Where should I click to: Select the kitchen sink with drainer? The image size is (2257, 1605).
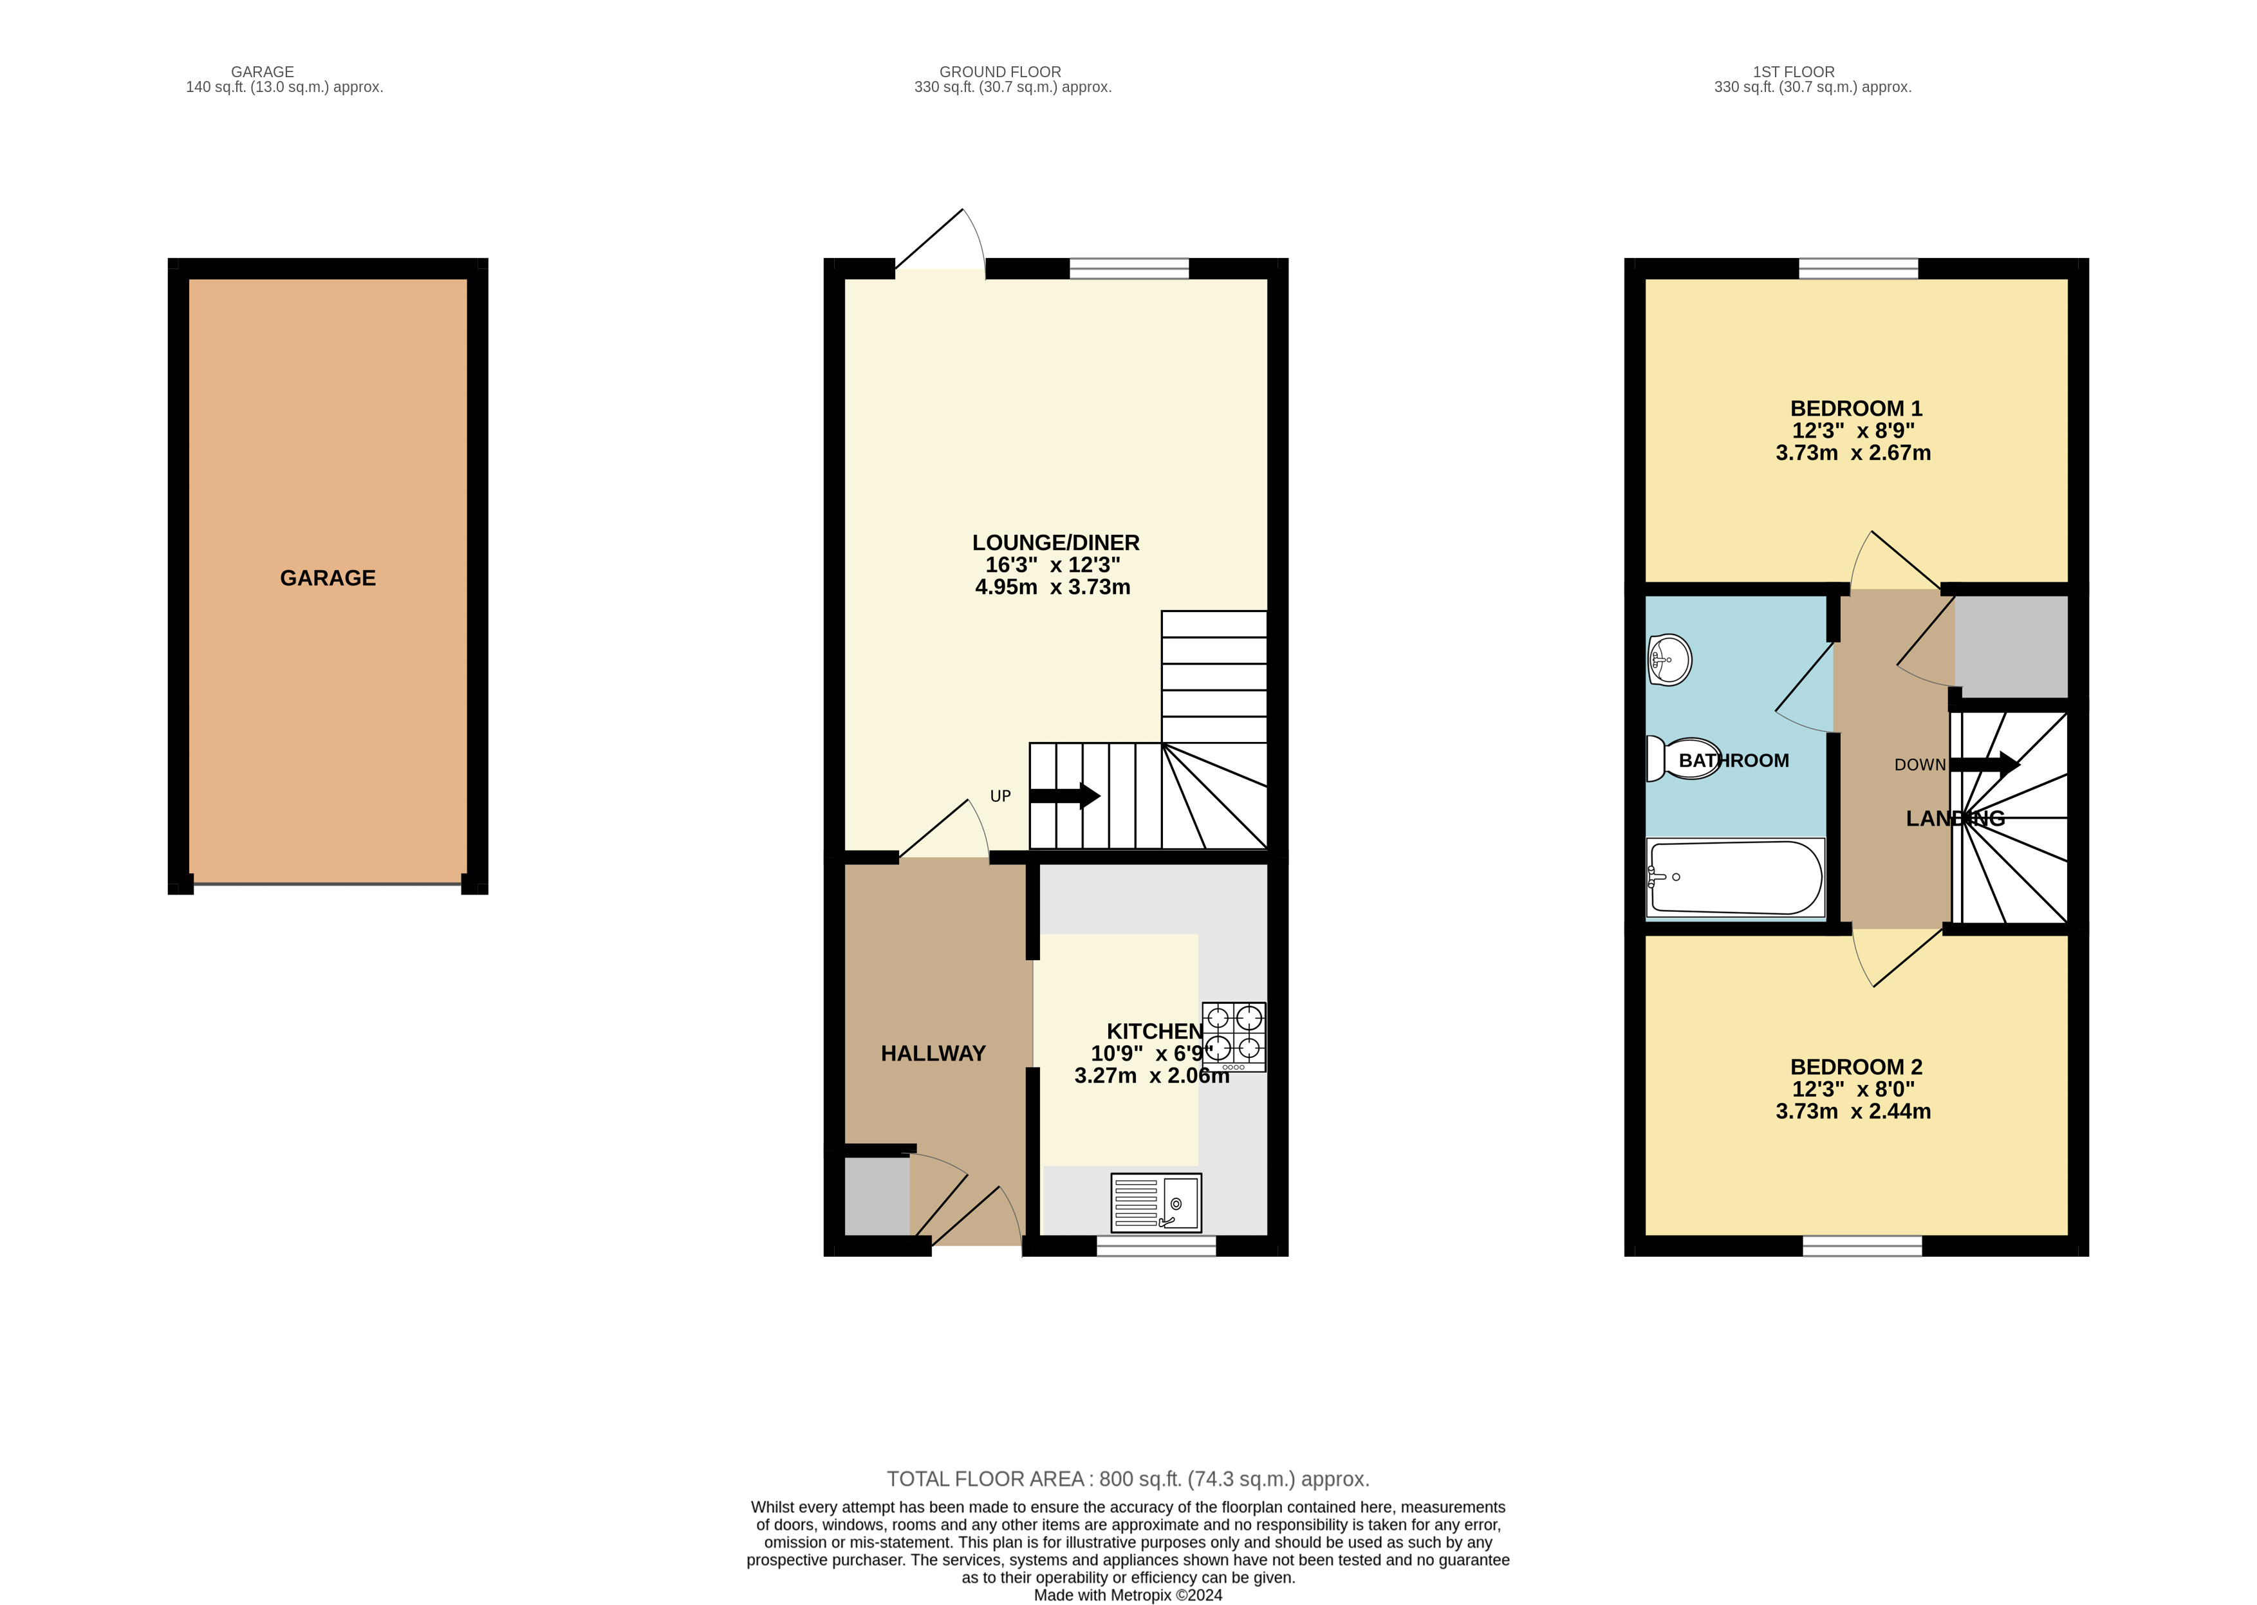click(1156, 1203)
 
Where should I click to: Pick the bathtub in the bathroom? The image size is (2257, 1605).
click(1735, 878)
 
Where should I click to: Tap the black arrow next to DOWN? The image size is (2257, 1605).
click(1984, 764)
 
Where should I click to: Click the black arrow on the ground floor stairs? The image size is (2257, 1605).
click(1065, 795)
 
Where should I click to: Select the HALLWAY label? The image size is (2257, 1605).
click(933, 1053)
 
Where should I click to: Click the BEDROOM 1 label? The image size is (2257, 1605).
click(1856, 408)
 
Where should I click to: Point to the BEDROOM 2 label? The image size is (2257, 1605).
click(1856, 1068)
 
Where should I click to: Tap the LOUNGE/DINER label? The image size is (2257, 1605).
click(1055, 543)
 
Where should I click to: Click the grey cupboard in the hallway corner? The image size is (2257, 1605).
click(877, 1196)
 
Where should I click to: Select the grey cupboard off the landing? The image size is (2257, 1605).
click(2011, 646)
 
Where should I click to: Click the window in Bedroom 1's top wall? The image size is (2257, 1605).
click(1858, 268)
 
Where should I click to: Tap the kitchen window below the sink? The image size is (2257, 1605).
click(1156, 1247)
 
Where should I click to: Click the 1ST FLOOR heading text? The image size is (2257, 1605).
click(1794, 72)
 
